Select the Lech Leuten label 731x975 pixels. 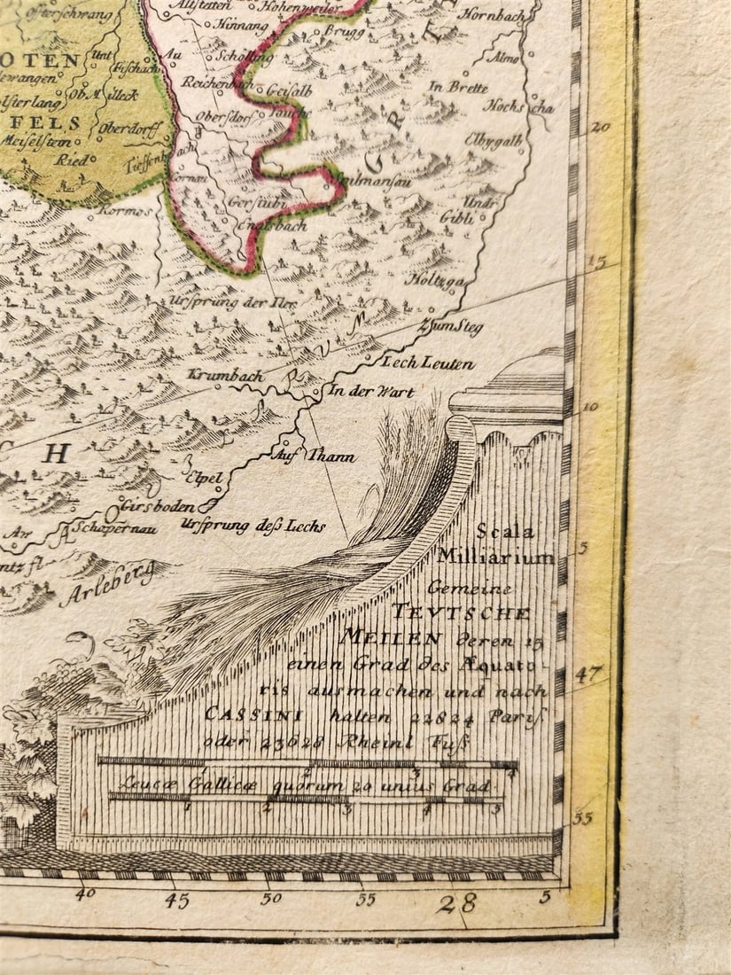428,363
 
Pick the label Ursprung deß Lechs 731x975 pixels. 253,526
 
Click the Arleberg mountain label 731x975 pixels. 105,585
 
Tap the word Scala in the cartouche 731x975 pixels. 505,532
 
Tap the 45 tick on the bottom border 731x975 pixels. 176,901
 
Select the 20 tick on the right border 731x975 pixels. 601,127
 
